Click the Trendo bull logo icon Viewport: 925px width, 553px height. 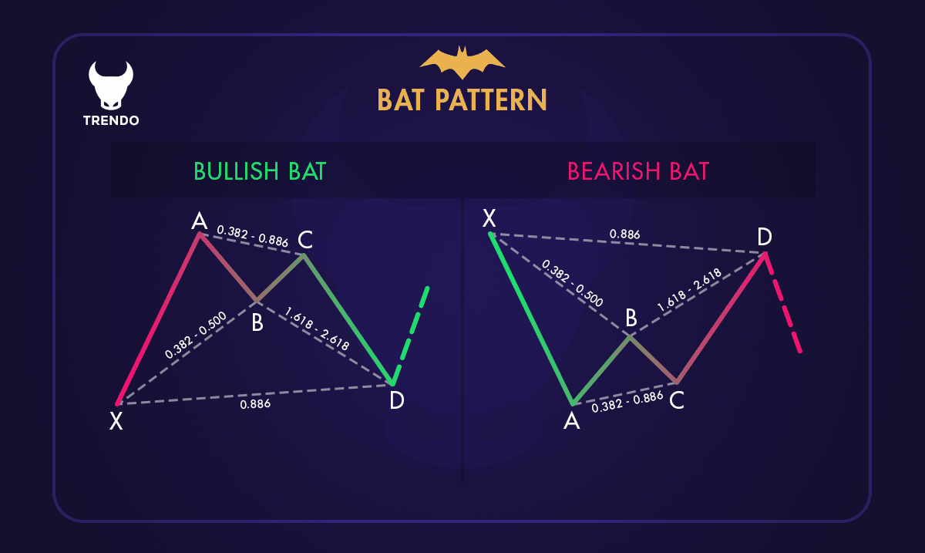(110, 85)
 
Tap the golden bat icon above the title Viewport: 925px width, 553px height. (462, 62)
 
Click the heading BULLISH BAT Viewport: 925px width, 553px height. (260, 171)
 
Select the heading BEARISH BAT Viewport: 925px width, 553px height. (637, 171)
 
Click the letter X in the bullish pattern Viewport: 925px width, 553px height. (116, 421)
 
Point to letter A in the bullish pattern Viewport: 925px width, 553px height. (199, 222)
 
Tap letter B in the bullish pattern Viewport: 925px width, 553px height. (257, 323)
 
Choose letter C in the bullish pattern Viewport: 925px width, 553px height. (305, 238)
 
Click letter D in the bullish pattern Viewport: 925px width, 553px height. (396, 400)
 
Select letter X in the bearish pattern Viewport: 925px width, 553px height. (489, 218)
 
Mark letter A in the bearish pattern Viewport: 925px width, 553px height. (571, 421)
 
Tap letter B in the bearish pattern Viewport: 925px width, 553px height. (631, 318)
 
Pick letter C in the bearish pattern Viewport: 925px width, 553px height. (677, 400)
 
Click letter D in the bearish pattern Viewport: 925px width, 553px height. (764, 238)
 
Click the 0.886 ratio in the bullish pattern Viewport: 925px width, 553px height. (255, 403)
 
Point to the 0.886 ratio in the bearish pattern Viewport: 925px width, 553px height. (624, 234)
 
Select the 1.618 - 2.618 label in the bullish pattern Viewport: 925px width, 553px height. (317, 329)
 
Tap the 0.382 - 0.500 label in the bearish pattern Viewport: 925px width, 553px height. (573, 284)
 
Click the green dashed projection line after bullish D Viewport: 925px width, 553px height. (411, 333)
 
